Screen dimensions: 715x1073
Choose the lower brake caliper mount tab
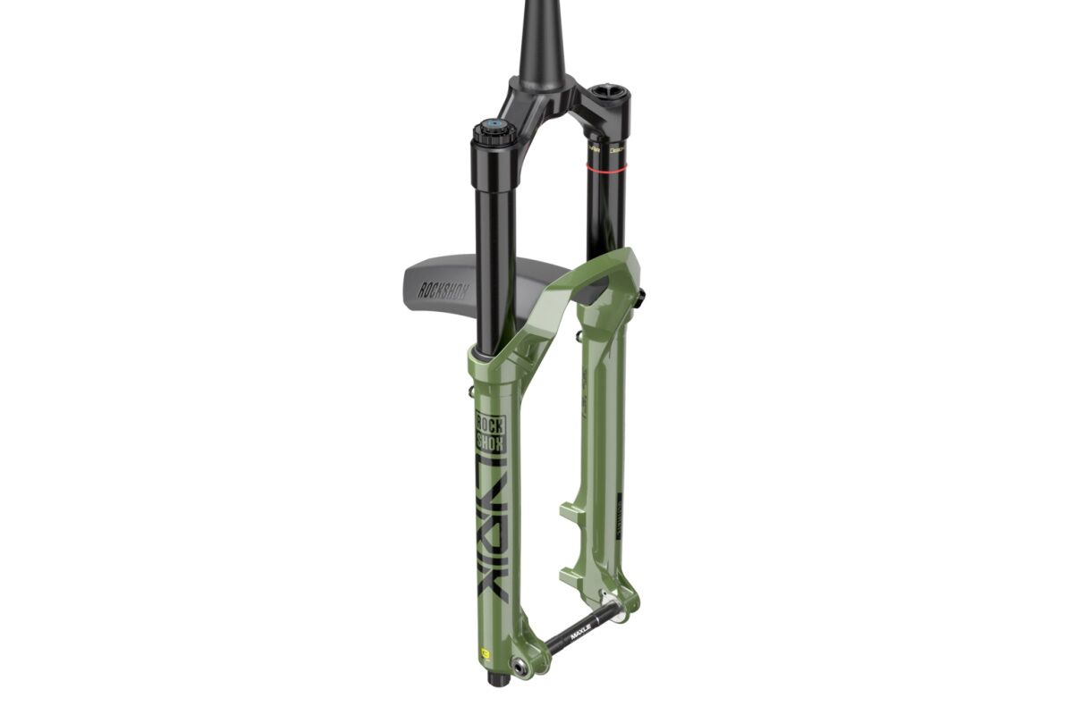pos(574,571)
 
